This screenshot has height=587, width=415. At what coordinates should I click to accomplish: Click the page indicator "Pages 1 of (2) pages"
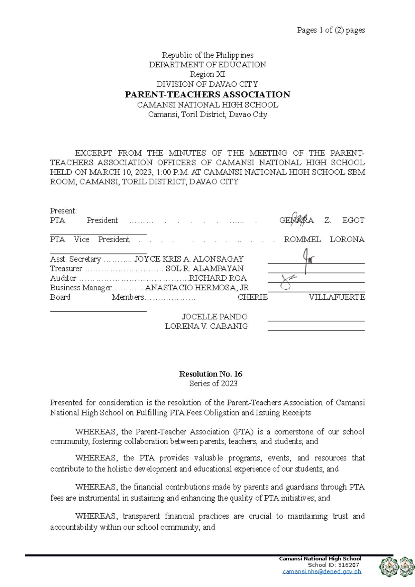[331, 30]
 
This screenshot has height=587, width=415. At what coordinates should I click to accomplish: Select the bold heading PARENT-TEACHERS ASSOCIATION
[207, 94]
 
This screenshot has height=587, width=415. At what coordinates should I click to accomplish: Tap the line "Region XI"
[207, 74]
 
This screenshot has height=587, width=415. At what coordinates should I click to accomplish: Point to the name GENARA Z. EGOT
[322, 221]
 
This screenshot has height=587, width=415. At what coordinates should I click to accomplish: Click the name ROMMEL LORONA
[324, 240]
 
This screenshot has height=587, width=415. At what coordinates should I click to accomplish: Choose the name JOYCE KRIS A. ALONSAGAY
[189, 259]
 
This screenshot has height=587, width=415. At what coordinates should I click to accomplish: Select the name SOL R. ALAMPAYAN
[204, 269]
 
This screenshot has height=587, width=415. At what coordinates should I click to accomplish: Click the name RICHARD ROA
[218, 278]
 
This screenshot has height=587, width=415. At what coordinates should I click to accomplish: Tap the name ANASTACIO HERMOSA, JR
[197, 288]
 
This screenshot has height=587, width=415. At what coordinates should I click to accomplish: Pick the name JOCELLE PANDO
[215, 317]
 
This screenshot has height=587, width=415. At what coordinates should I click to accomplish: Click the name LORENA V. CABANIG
[206, 326]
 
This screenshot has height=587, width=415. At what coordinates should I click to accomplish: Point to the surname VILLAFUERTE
[336, 297]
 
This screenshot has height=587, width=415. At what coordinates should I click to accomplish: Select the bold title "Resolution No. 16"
[211, 374]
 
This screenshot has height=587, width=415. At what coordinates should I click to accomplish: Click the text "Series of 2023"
[213, 383]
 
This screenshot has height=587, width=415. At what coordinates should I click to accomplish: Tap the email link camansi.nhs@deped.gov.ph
[322, 571]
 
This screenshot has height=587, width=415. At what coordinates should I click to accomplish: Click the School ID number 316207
[348, 565]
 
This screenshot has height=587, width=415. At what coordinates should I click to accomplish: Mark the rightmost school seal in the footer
[407, 567]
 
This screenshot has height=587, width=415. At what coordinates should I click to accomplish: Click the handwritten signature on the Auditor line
[288, 281]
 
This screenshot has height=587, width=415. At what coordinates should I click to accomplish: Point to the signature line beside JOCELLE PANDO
[316, 321]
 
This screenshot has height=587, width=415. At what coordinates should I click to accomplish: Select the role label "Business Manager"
[81, 288]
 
